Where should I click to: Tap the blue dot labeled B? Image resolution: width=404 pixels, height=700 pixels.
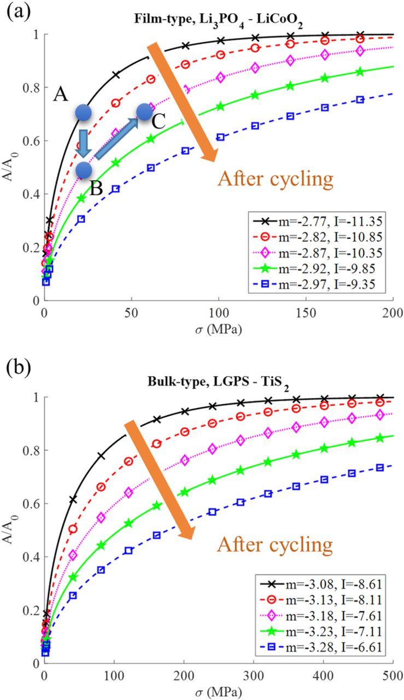pos(83,170)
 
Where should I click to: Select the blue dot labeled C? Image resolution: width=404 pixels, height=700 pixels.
pos(144,112)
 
